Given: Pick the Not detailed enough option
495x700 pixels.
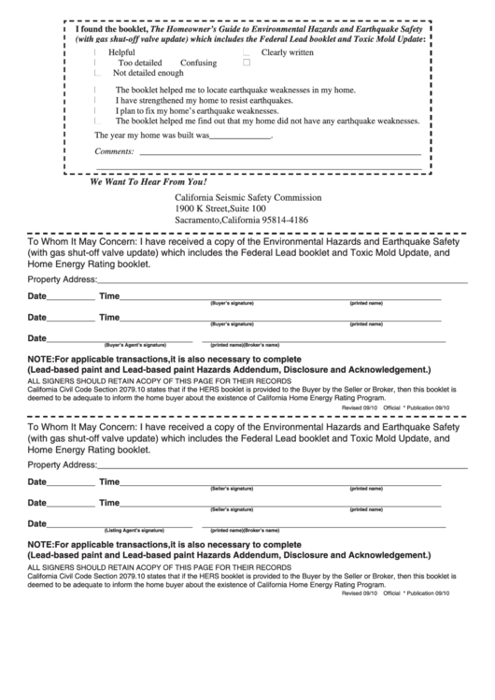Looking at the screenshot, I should pos(148,73).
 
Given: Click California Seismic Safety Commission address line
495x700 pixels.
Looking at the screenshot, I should pos(247,198).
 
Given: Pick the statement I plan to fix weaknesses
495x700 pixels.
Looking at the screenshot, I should pos(196,110).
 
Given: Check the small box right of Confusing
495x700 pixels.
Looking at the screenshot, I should pos(247,64).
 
